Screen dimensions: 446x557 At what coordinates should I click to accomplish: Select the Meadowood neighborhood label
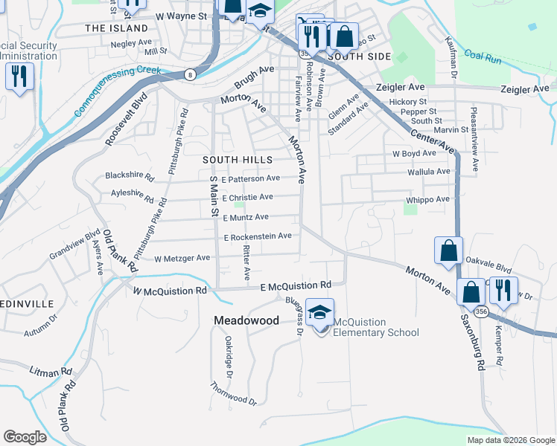click(x=246, y=320)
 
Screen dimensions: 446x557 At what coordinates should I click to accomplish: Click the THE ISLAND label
click(x=117, y=28)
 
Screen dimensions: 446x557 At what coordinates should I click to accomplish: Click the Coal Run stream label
click(x=483, y=56)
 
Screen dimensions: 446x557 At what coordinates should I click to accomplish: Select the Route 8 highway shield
click(x=190, y=74)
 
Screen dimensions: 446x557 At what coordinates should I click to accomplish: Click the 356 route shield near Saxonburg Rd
click(x=482, y=311)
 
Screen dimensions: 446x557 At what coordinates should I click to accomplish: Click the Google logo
click(x=25, y=436)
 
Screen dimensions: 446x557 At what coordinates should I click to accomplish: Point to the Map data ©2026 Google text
click(x=510, y=440)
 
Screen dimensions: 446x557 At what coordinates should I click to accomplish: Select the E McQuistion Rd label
click(x=296, y=285)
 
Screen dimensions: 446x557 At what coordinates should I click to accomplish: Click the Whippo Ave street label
click(x=427, y=199)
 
